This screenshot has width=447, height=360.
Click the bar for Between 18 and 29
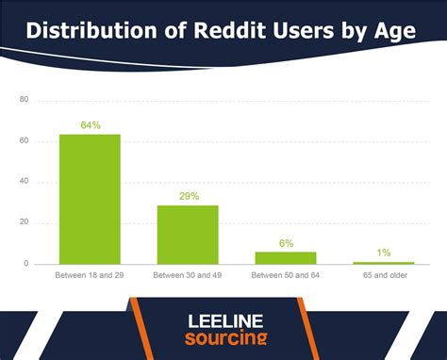coord(91,199)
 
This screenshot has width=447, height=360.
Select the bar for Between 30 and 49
coord(188,235)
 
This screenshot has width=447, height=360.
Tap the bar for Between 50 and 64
coord(286,257)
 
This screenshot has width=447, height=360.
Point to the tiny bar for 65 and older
coord(383,263)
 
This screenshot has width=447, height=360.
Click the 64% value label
coord(91,123)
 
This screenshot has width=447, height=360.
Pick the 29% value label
coord(188,196)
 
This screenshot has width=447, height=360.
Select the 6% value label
coord(286,242)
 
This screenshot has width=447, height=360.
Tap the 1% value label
coord(383,253)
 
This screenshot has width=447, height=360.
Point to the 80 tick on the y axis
coord(24,100)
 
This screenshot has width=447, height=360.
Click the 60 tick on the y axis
coord(24,141)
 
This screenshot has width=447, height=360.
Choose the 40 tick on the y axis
coord(24,182)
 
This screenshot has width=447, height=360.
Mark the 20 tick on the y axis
coord(24,223)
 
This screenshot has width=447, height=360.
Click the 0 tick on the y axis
coord(26,264)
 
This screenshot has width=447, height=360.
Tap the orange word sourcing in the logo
coord(223,338)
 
